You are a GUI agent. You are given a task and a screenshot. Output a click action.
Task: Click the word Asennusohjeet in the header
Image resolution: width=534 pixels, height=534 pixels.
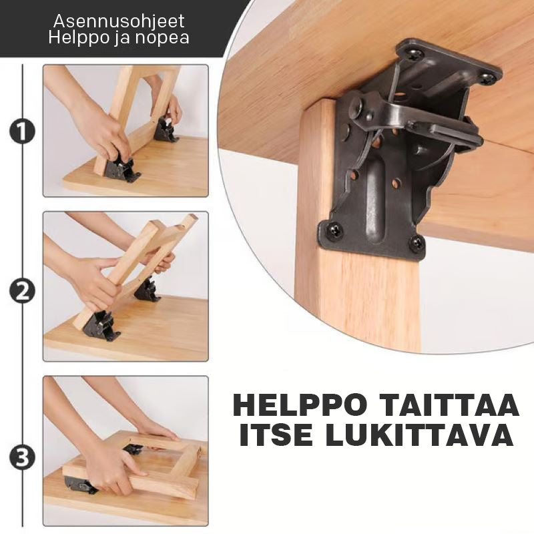119,21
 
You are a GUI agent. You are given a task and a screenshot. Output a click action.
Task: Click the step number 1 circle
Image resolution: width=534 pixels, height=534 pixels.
22,131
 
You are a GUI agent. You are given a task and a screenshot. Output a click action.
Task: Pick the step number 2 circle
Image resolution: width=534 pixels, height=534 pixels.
22,291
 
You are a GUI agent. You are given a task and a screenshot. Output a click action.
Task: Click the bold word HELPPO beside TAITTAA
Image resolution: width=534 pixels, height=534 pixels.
300,405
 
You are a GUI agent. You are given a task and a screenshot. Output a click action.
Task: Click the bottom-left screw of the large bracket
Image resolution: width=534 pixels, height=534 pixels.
333,230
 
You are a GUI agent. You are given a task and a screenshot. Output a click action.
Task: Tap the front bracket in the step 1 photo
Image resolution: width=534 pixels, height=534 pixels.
121,168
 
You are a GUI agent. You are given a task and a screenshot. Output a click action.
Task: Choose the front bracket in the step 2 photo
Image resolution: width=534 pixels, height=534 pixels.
101,326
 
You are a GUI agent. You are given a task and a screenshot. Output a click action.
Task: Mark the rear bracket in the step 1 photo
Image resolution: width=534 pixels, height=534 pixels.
166,129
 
